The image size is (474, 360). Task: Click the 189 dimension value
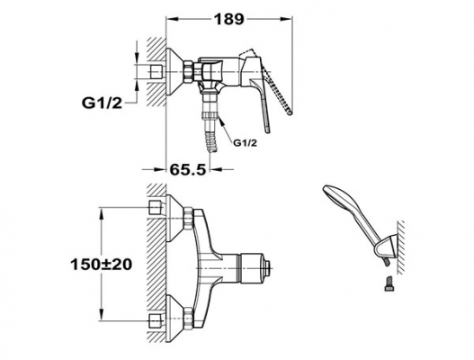pyautogui.click(x=228, y=20)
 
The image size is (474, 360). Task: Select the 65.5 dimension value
pyautogui.click(x=187, y=169)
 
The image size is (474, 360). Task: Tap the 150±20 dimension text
pyautogui.click(x=102, y=265)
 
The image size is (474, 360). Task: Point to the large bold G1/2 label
pyautogui.click(x=102, y=103)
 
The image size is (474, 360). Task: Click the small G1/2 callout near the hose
pyautogui.click(x=245, y=143)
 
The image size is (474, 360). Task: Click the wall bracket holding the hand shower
pyautogui.click(x=386, y=247)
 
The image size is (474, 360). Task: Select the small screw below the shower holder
pyautogui.click(x=389, y=283)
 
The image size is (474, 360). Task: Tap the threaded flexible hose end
pyautogui.click(x=210, y=139)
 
